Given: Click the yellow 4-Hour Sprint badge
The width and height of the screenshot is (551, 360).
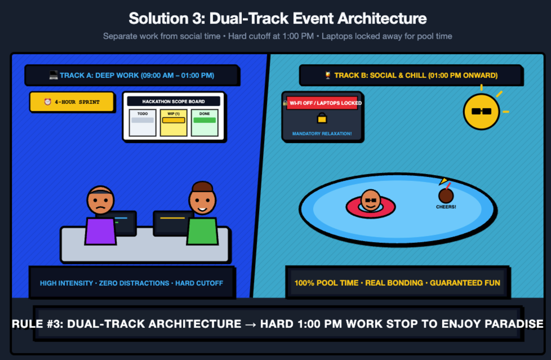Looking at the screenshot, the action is [x=72, y=102].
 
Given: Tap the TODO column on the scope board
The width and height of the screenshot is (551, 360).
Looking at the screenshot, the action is [x=143, y=123].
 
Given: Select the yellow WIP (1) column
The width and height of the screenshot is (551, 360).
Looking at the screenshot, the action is [x=174, y=123].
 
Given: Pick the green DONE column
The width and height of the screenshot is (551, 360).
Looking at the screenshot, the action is [x=205, y=123].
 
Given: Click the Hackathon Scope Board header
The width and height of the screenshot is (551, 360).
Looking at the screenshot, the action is [x=174, y=101].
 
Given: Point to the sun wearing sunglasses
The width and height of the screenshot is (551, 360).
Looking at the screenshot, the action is [x=482, y=112].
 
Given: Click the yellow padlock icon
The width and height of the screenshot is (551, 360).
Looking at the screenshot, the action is [x=322, y=118].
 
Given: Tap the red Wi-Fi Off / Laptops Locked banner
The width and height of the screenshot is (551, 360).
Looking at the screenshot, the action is [x=322, y=103].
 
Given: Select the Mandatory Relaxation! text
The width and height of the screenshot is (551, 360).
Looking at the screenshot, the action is [x=322, y=134].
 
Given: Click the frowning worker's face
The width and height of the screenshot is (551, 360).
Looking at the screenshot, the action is [x=100, y=201].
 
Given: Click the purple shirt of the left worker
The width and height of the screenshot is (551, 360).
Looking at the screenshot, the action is [x=100, y=231].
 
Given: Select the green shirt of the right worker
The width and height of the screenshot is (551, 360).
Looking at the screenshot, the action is [x=202, y=231].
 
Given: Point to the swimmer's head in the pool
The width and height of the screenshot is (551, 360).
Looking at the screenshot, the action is [x=371, y=200].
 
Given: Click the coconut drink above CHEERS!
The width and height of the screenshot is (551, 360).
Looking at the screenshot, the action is [x=446, y=195].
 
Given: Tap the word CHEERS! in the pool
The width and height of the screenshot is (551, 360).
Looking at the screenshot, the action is [x=446, y=207].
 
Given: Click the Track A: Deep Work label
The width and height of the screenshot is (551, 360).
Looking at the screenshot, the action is [x=132, y=75].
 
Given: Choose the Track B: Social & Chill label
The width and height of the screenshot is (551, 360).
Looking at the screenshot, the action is [x=411, y=75].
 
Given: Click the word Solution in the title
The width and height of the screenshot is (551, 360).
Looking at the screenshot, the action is [x=158, y=18].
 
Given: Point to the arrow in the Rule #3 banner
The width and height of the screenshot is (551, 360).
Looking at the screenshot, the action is [x=251, y=324].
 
